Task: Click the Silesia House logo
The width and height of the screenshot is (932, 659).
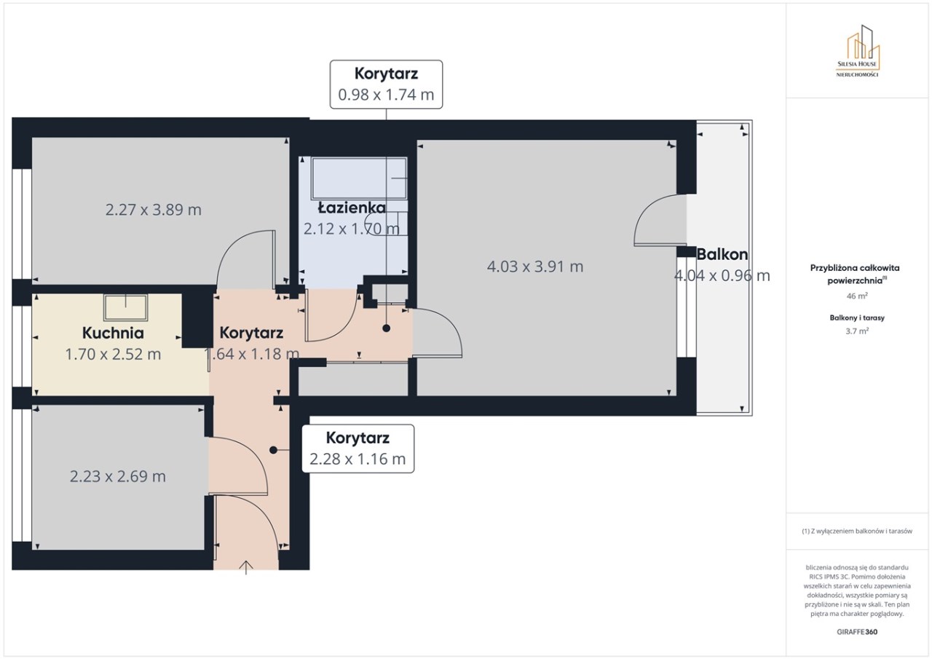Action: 858,51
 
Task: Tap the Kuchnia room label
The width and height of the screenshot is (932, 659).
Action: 113,333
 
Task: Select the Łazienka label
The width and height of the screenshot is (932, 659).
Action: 352,208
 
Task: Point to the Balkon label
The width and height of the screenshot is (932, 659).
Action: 722,254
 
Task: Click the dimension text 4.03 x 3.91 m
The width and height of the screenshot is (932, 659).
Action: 535,267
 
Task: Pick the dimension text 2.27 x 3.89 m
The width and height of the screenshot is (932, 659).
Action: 153,209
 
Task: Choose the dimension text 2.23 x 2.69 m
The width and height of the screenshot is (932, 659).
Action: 117,476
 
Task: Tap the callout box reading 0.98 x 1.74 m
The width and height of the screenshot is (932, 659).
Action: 386,84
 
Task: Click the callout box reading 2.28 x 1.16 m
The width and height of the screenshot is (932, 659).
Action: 358,449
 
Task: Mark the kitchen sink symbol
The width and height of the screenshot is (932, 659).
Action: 126,307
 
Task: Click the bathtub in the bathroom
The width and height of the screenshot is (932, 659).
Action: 359,178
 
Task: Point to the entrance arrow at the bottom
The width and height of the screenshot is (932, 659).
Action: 246,567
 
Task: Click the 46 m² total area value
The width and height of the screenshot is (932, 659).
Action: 857,296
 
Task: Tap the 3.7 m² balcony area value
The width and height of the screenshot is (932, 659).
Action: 857,331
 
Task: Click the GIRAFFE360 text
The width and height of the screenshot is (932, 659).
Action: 857,631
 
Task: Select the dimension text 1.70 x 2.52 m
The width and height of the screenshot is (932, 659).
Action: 113,354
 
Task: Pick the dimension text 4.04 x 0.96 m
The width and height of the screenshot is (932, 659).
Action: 722,275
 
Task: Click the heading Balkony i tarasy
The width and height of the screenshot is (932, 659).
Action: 857,318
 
